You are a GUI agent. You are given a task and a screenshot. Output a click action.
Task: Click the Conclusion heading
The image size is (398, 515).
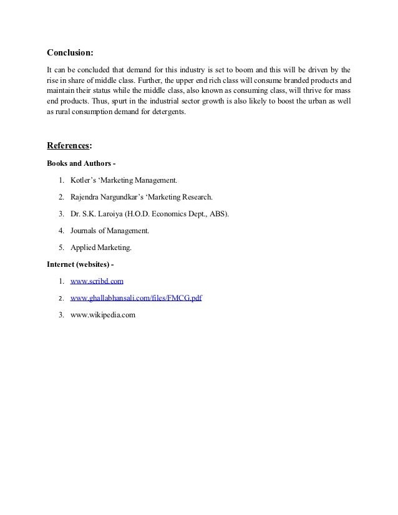tap(74, 52)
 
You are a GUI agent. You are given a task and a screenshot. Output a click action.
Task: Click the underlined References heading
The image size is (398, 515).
tap(69, 146)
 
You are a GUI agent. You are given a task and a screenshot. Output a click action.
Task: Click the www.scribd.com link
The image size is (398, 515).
tap(97, 282)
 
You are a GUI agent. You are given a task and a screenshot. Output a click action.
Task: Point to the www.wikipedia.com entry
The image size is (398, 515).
tap(102, 315)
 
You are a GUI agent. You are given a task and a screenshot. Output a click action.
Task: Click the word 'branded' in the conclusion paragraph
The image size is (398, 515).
tap(289, 80)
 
